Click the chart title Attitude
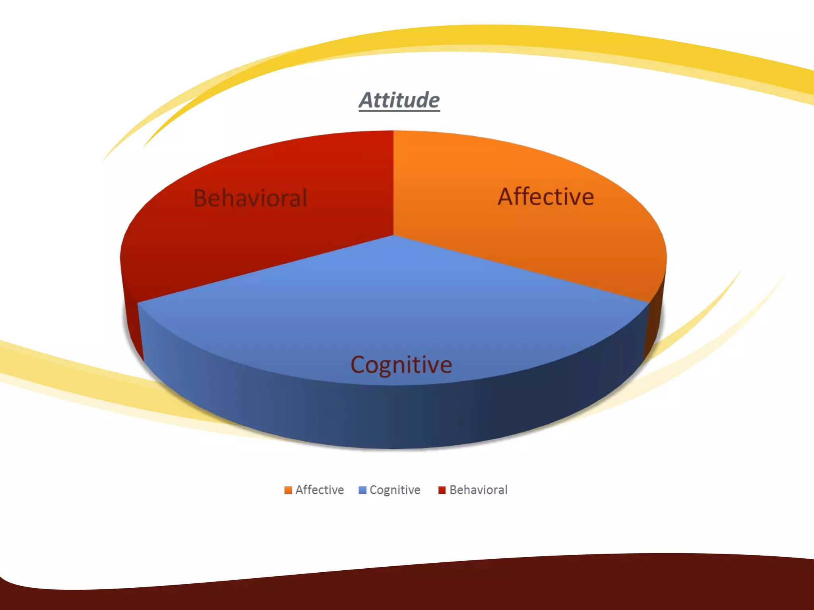point(399,100)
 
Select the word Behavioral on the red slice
point(250,198)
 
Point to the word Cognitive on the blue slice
point(401,365)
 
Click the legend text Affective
point(320,490)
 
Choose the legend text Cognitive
point(395,490)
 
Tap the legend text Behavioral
point(478,490)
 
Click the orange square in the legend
point(288,490)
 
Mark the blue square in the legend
point(362,490)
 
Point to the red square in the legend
point(442,490)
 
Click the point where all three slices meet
point(393,236)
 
